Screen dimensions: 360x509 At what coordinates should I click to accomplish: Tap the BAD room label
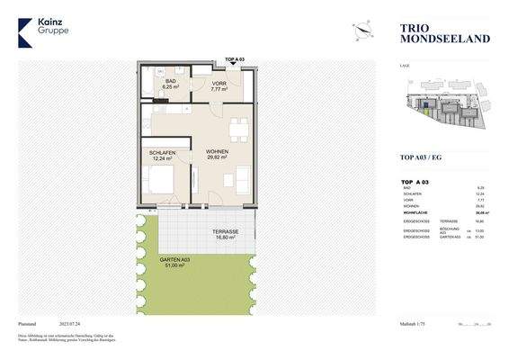170,81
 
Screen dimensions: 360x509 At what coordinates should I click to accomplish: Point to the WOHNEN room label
217,152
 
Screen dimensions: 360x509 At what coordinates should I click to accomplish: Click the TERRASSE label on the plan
226,231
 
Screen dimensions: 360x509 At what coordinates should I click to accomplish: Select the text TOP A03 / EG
422,157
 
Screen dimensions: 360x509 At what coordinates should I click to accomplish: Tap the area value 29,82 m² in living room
217,158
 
